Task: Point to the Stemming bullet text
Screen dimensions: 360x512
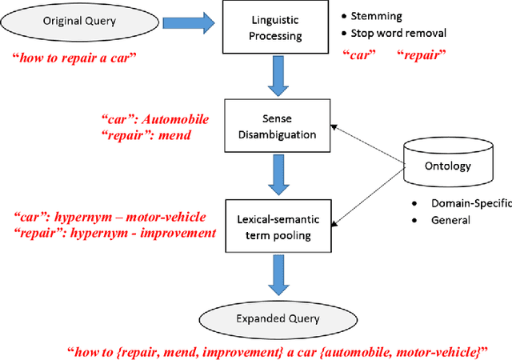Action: tap(378, 15)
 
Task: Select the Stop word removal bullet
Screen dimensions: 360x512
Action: tap(398, 34)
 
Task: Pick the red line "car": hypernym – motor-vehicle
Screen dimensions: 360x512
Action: tap(110, 217)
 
